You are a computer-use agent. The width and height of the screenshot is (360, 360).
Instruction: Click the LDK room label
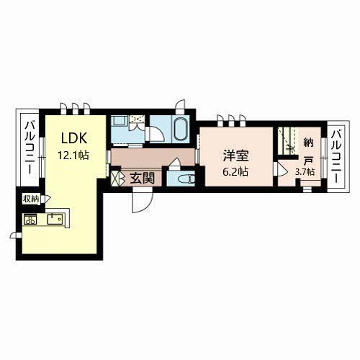74,138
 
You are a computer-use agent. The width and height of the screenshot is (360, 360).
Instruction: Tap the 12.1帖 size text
73,156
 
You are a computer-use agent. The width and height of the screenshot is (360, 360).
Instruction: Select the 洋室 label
236,156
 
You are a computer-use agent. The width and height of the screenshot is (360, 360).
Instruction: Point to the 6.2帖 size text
235,172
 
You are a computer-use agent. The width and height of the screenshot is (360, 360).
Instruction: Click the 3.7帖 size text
305,172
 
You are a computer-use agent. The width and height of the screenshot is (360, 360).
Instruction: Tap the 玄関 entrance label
142,179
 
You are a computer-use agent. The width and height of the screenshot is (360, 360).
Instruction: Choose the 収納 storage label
31,199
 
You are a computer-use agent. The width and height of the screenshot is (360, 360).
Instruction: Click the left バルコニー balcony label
30,148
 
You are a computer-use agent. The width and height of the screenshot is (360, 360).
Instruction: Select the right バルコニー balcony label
336,156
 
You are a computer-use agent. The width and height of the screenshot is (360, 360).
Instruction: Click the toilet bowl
186,179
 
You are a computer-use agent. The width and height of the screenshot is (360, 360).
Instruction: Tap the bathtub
181,129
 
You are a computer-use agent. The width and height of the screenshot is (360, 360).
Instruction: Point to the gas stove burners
30,219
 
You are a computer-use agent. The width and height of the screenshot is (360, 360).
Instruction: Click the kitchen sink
55,219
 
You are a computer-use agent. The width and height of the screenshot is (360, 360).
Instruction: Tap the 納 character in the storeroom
308,143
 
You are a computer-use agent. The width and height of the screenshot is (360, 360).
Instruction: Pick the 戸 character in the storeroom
308,161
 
